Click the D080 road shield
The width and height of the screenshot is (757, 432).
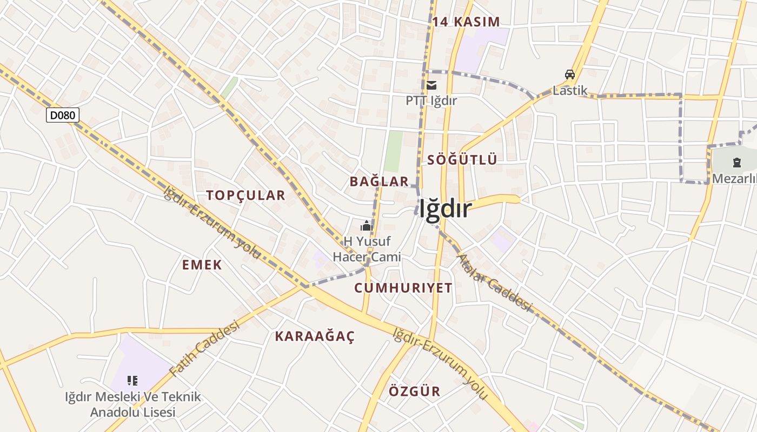pyautogui.click(x=63, y=114)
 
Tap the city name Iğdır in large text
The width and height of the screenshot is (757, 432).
pyautogui.click(x=445, y=209)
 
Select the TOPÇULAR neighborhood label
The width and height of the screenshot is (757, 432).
pyautogui.click(x=245, y=195)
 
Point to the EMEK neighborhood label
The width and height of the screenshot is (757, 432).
pyautogui.click(x=202, y=265)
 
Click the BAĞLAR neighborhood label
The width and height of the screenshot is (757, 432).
pyautogui.click(x=379, y=181)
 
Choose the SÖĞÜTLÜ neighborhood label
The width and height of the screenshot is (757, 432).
pyautogui.click(x=462, y=160)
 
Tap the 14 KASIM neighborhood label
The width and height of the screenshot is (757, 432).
pyautogui.click(x=466, y=22)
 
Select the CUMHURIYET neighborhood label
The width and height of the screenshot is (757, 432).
pyautogui.click(x=403, y=288)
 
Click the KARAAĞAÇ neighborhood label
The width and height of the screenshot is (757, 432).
pyautogui.click(x=315, y=336)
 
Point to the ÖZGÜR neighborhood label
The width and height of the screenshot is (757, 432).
pyautogui.click(x=415, y=391)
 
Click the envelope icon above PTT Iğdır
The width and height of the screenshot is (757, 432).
pyautogui.click(x=431, y=85)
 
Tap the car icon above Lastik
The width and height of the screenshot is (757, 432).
pyautogui.click(x=569, y=75)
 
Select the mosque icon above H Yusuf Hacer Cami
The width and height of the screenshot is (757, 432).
pyautogui.click(x=367, y=226)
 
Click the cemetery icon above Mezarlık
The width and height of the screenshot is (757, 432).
pyautogui.click(x=736, y=162)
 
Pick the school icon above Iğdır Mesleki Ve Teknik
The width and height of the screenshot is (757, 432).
pyautogui.click(x=132, y=381)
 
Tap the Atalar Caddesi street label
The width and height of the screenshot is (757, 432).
pyautogui.click(x=495, y=282)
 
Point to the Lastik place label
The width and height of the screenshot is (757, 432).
pyautogui.click(x=570, y=90)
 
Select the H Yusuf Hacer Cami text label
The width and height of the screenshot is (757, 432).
pyautogui.click(x=367, y=249)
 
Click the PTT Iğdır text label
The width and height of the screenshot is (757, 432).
pyautogui.click(x=431, y=100)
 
